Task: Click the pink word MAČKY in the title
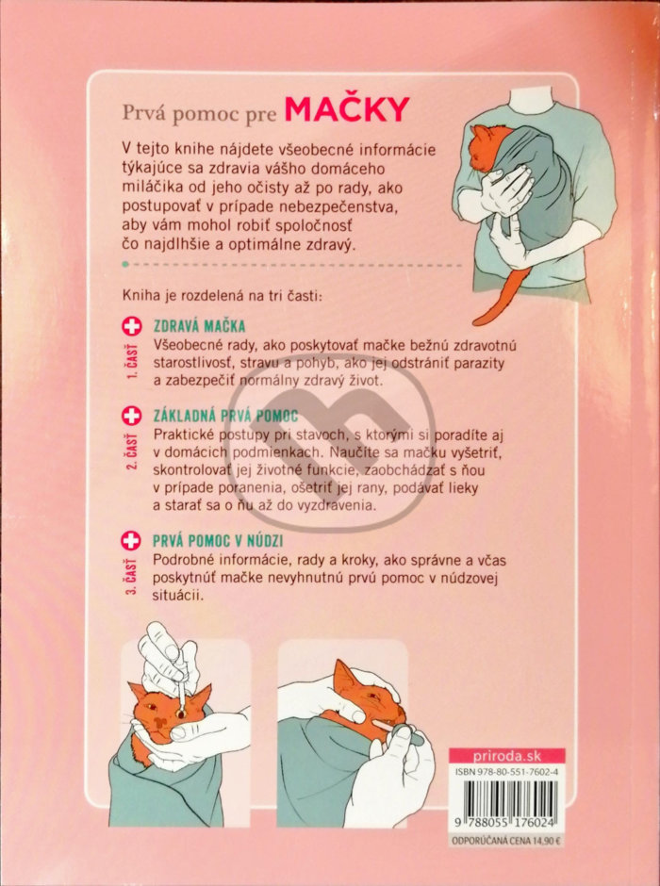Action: tap(346, 109)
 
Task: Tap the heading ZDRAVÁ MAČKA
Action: tap(200, 326)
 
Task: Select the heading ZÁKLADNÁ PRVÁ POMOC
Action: tap(225, 417)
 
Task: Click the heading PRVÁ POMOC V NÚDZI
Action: tap(218, 541)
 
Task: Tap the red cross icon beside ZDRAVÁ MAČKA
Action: tap(132, 326)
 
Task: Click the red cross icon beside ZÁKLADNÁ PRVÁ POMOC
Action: tap(132, 417)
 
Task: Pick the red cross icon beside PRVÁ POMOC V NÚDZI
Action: tap(131, 541)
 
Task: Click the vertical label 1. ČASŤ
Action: tap(132, 360)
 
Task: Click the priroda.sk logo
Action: tap(506, 756)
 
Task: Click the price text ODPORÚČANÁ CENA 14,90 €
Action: tap(506, 841)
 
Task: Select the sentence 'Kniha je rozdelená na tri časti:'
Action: tap(222, 296)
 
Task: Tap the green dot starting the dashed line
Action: tap(125, 264)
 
